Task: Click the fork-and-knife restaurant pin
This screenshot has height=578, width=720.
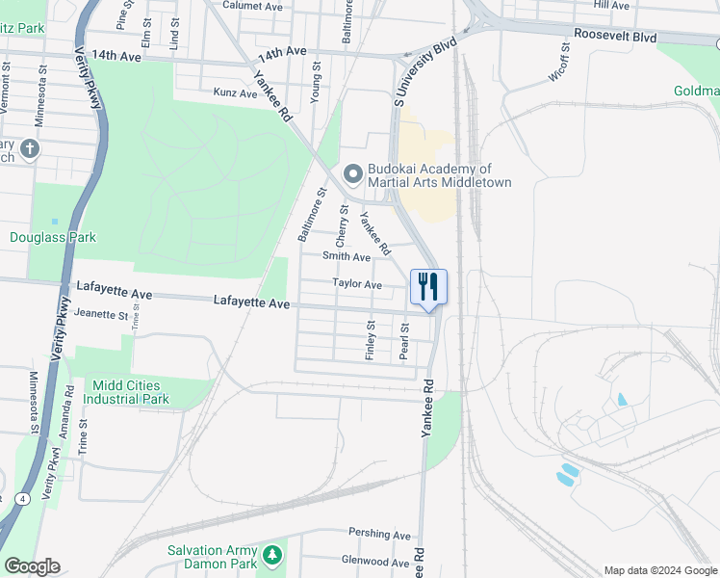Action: click(x=428, y=286)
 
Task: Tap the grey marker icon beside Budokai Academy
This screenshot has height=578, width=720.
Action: click(x=352, y=174)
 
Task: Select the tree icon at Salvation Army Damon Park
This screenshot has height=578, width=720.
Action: click(x=273, y=555)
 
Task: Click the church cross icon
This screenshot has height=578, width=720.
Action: click(x=30, y=148)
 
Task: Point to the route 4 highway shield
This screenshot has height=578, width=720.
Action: click(x=21, y=499)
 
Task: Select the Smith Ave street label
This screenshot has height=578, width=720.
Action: click(x=347, y=257)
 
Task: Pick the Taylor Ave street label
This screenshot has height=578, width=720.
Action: click(x=357, y=284)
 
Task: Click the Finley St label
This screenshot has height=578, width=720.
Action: click(x=370, y=343)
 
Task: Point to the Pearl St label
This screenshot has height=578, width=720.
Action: click(x=404, y=343)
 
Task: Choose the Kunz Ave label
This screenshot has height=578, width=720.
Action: click(x=235, y=93)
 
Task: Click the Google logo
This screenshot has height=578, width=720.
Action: click(x=32, y=566)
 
